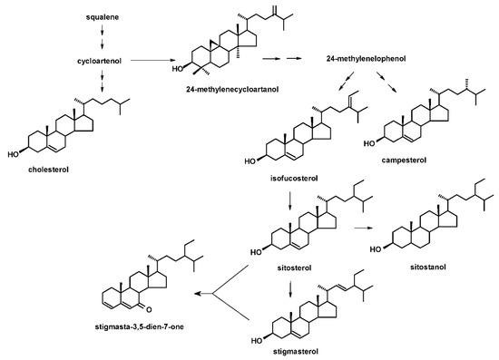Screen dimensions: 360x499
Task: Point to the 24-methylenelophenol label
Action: tap(364, 59)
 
